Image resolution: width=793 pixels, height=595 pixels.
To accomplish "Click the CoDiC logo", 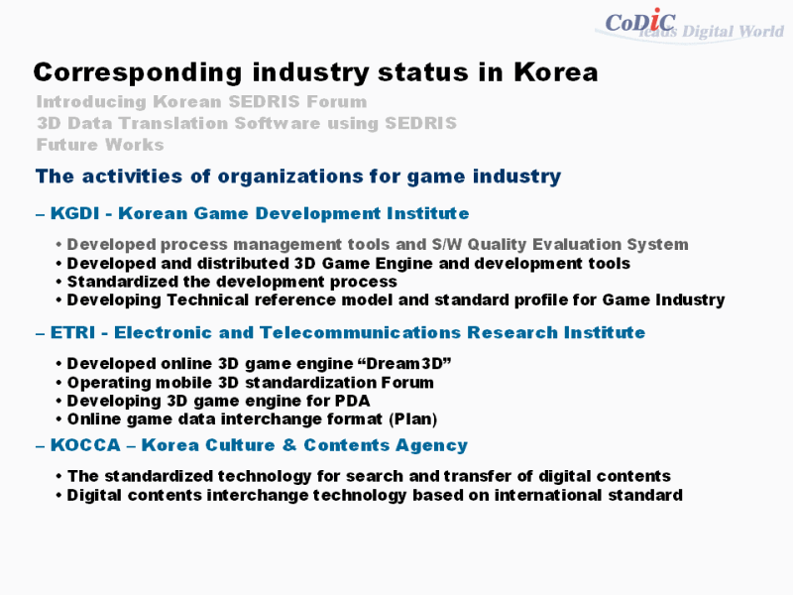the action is click(x=640, y=21).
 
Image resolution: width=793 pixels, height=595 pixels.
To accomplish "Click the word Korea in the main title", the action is click(x=556, y=71).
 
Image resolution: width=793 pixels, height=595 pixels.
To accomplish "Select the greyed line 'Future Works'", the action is click(x=100, y=145).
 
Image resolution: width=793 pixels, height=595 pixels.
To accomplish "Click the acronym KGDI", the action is click(x=75, y=213).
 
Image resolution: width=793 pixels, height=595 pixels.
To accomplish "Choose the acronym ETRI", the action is click(x=72, y=332).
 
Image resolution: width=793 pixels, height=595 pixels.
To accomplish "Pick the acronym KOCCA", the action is click(x=85, y=444).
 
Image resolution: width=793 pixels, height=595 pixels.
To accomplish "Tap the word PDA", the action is click(x=352, y=401).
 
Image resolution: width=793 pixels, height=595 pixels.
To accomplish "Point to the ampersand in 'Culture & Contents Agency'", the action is click(x=289, y=444).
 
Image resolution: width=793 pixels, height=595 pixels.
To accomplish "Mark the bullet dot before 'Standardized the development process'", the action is click(x=58, y=282).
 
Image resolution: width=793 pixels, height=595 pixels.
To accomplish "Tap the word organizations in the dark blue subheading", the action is click(x=289, y=177).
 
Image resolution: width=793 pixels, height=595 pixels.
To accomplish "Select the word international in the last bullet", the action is click(x=548, y=495).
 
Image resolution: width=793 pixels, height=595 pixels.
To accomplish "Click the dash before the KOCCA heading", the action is click(x=41, y=446).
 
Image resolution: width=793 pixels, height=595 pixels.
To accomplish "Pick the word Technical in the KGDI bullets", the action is click(x=207, y=300).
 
